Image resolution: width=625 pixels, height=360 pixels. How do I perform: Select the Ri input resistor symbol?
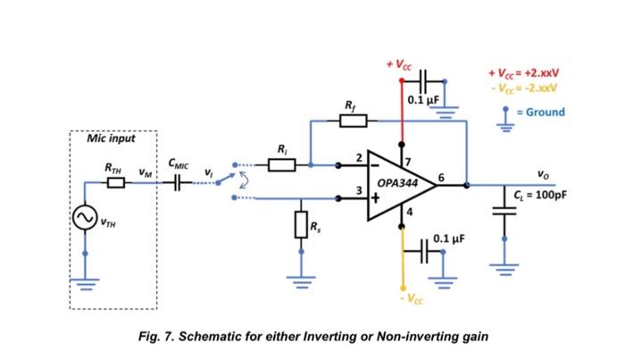(282, 164)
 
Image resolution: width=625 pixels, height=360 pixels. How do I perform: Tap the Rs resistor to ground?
(301, 224)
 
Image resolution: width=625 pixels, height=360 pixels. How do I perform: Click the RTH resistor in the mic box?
(115, 183)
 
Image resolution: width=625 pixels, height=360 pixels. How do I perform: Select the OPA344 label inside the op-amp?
(398, 181)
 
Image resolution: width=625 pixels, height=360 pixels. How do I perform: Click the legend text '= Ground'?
(541, 112)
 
